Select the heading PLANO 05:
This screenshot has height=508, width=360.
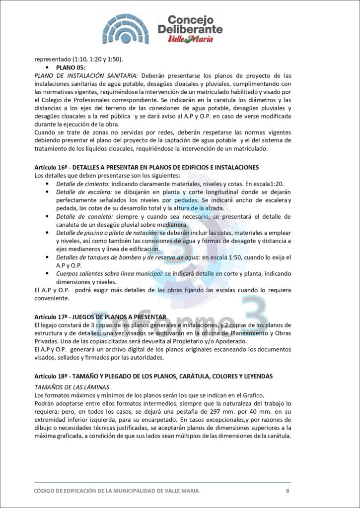click(x=71, y=67)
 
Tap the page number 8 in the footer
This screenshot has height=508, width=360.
click(x=288, y=491)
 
